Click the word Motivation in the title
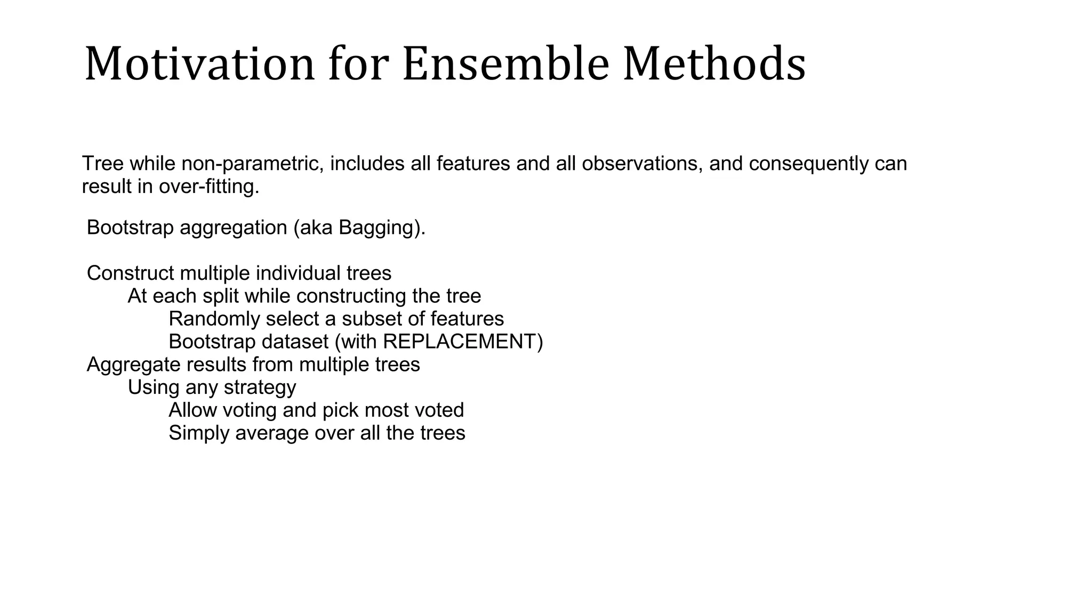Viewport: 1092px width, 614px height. [x=200, y=64]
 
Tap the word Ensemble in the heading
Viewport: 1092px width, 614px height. [x=505, y=64]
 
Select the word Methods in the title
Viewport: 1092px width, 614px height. [x=714, y=64]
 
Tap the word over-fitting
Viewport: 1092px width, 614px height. [x=209, y=187]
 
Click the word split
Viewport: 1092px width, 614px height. [x=221, y=296]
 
